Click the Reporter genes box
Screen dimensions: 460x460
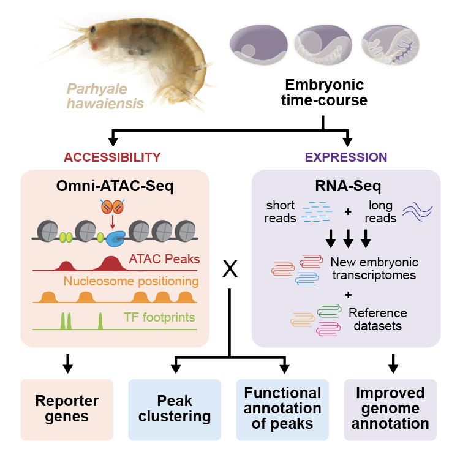67,409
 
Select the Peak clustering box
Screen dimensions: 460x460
175,409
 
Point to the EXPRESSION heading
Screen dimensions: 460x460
346,157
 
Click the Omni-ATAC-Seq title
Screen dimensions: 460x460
115,186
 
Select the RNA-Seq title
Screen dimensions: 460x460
346,186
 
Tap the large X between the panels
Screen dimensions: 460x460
230,270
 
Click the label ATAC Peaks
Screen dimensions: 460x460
164,259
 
